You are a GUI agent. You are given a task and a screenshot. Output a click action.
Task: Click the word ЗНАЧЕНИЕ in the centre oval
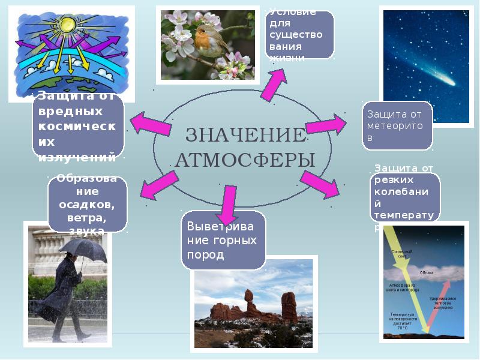click(x=245, y=136)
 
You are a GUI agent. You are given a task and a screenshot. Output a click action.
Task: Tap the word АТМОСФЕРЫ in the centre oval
click(x=245, y=160)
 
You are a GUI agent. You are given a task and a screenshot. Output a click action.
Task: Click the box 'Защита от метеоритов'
click(x=397, y=125)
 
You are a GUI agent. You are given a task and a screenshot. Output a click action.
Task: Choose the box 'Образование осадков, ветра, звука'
click(x=87, y=203)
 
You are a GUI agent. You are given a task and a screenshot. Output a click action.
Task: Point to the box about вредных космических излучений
click(x=78, y=126)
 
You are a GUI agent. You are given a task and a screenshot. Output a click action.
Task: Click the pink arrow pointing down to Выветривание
click(x=227, y=203)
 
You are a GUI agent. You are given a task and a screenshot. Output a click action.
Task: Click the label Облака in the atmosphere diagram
click(x=427, y=272)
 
